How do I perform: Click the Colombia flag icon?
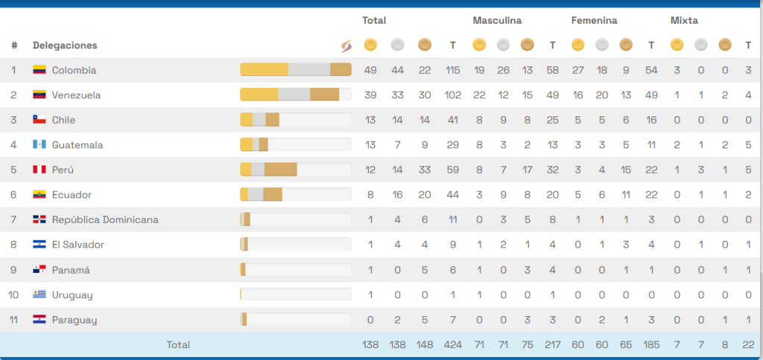[39, 70]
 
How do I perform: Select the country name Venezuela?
[76, 95]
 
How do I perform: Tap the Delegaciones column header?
[65, 45]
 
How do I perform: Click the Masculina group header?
[497, 21]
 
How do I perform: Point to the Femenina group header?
[594, 21]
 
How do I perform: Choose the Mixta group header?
[684, 21]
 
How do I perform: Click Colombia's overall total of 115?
[452, 70]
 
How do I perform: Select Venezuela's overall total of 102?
[452, 95]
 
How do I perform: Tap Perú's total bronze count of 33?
[425, 170]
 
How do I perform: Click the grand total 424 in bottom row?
[452, 344]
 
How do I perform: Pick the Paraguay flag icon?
[39, 320]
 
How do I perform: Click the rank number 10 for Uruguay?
[13, 294]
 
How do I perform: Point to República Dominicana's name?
[105, 220]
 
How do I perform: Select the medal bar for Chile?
[295, 120]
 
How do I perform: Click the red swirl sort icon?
[345, 45]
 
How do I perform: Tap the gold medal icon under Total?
[370, 45]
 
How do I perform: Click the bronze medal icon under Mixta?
[724, 45]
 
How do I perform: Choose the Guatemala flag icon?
[39, 145]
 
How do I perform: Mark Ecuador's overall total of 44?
[452, 195]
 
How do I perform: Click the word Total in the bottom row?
[178, 344]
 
